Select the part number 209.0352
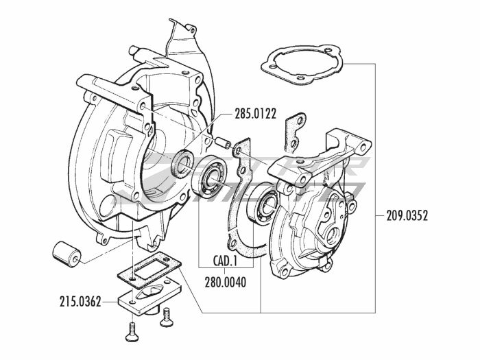(403, 215)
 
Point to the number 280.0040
(226, 280)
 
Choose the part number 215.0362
(81, 300)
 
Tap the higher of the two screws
(165, 315)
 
